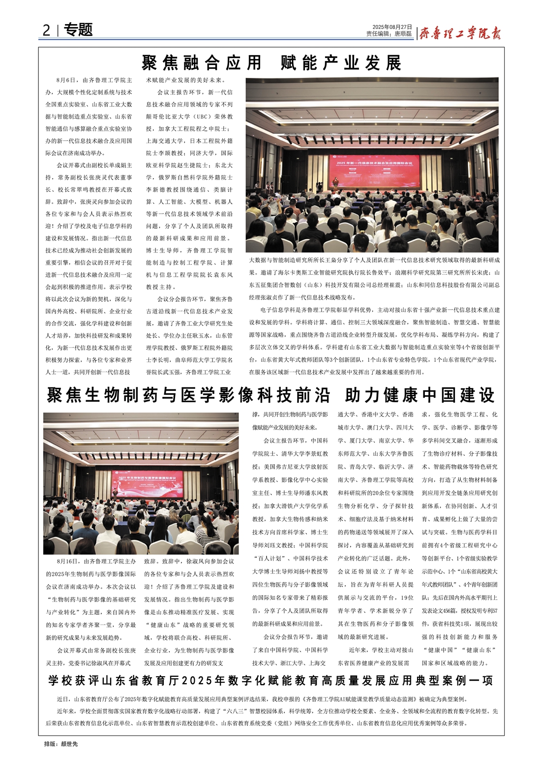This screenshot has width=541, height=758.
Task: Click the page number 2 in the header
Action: point(46,31)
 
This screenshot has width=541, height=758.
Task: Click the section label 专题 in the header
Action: point(78,30)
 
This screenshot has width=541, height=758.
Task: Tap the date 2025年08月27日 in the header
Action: point(392,27)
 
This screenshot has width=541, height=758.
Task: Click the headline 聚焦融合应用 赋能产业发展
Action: point(271,63)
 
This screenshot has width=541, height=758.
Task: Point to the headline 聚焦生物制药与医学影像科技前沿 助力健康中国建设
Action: point(271,395)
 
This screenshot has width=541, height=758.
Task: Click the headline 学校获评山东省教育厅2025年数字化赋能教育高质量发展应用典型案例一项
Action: point(271,681)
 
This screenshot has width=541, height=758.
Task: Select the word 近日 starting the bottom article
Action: point(62,699)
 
